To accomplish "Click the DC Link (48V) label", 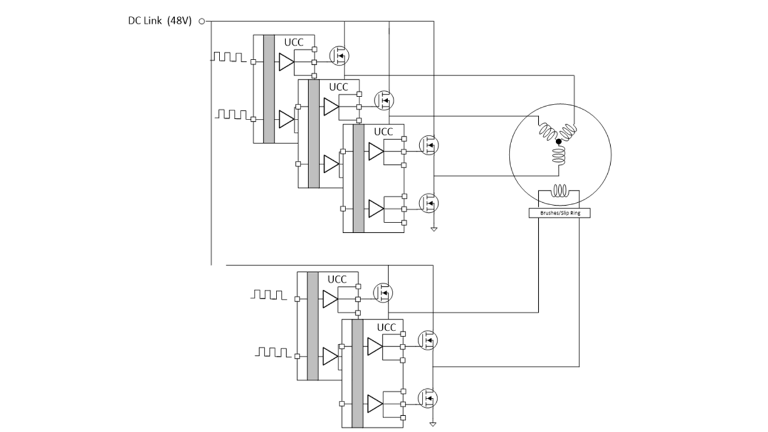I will (159, 21).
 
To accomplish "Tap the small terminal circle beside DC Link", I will (202, 22).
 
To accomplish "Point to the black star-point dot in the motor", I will (559, 142).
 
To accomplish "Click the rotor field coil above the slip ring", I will (560, 191).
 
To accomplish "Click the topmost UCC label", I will (293, 42).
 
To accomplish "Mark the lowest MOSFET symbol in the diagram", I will (428, 398).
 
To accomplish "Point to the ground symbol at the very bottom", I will (433, 424).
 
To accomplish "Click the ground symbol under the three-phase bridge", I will (433, 229).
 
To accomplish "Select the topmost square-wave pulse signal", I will (228, 57).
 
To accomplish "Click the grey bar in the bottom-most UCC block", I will (358, 373).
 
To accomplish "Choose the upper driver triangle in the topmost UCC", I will (286, 61).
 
